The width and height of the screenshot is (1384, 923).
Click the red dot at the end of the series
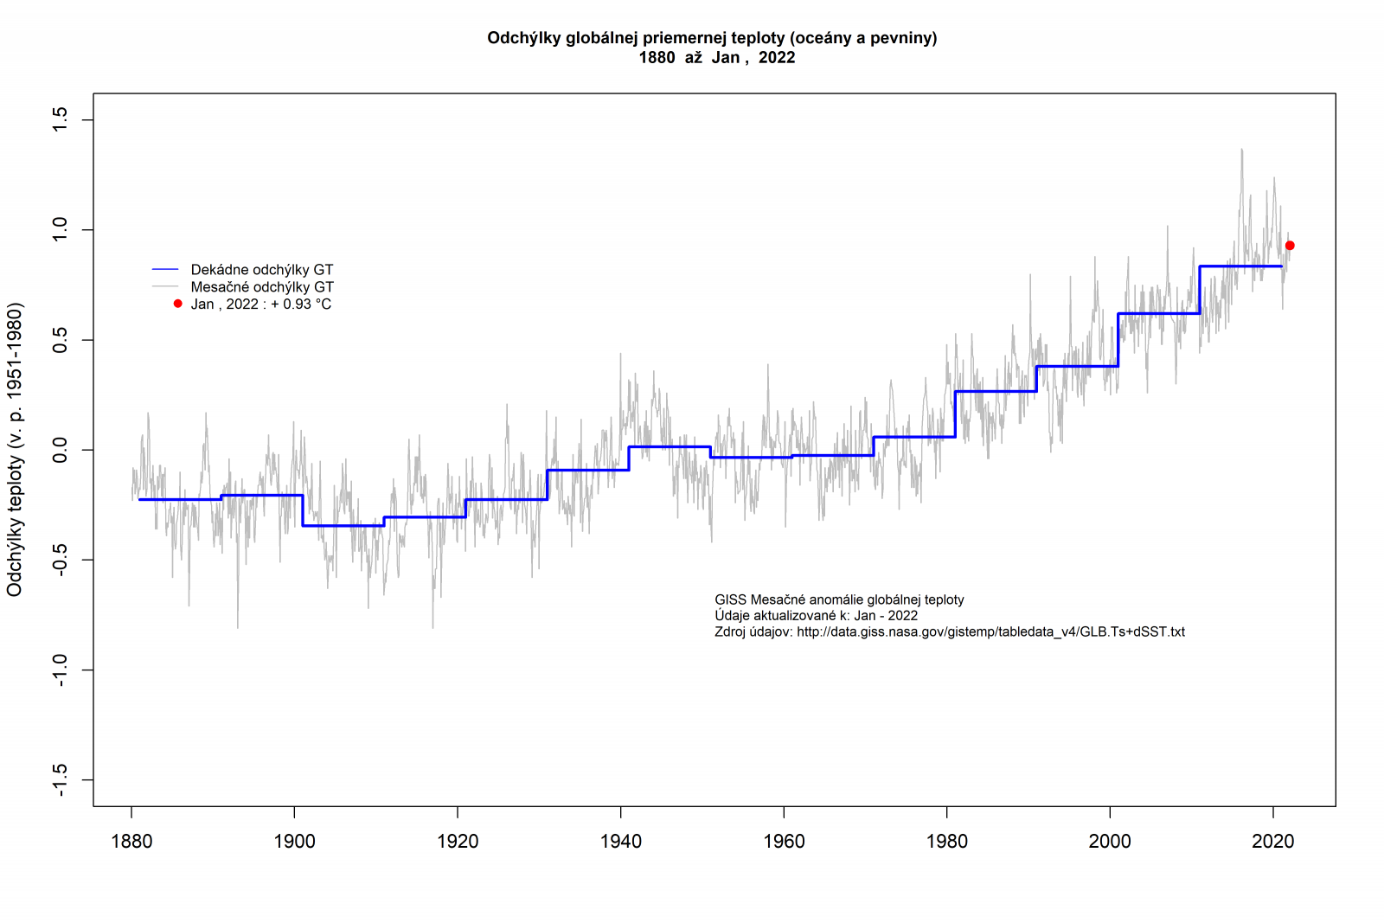(1290, 246)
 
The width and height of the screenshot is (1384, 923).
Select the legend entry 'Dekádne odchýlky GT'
(261, 270)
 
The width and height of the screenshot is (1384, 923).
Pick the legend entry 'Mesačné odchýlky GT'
(261, 287)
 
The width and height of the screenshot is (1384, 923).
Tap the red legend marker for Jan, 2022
(178, 304)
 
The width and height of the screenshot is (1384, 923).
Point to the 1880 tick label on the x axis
(131, 842)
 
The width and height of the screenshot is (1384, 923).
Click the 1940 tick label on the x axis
(621, 842)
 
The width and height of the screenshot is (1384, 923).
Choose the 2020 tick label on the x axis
(1273, 842)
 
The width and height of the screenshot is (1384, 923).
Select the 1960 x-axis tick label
(784, 842)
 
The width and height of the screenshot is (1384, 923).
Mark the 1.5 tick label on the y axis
(60, 119)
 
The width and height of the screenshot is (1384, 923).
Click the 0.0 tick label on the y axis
(60, 450)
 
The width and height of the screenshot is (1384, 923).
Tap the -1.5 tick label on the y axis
(60, 780)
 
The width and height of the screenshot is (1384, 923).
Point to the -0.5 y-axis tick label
(60, 560)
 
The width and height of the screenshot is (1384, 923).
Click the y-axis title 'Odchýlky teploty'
(15, 450)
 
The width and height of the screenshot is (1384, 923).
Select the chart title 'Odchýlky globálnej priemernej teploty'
(712, 38)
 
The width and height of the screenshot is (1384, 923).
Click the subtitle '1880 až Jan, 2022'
(717, 58)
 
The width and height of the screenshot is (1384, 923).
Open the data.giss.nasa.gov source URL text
(990, 632)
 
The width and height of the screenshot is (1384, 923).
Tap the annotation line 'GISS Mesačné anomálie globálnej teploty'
(839, 600)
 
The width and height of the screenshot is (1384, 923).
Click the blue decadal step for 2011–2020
(1240, 266)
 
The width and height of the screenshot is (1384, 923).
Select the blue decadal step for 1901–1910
(343, 525)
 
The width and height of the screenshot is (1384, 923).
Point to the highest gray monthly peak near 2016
(1242, 151)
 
